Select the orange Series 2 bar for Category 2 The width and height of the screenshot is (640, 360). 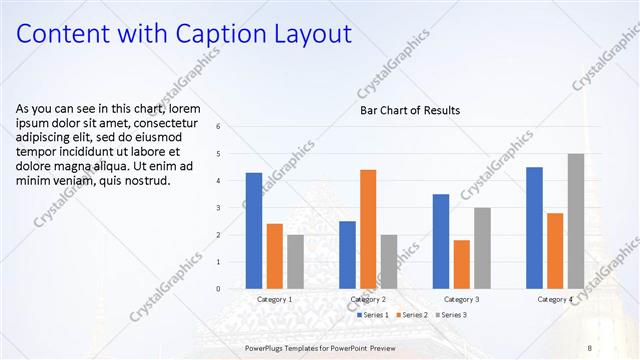[x=368, y=229]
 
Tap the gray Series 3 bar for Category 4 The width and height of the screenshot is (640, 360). [x=575, y=221]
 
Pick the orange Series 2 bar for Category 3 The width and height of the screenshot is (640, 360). [x=461, y=264]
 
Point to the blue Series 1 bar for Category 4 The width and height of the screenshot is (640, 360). [x=534, y=227]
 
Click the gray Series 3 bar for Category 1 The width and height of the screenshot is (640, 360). [x=295, y=261]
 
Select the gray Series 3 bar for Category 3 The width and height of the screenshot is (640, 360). [x=482, y=248]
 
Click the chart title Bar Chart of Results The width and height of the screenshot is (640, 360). [x=410, y=110]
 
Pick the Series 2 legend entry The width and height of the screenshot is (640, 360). [x=412, y=315]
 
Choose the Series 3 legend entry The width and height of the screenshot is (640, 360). [x=453, y=315]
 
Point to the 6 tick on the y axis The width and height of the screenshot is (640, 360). [x=232, y=127]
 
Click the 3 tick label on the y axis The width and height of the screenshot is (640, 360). [x=232, y=208]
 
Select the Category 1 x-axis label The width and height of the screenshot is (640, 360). [x=275, y=299]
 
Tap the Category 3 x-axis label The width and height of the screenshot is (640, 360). [x=462, y=299]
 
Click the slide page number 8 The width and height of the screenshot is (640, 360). [x=589, y=347]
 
